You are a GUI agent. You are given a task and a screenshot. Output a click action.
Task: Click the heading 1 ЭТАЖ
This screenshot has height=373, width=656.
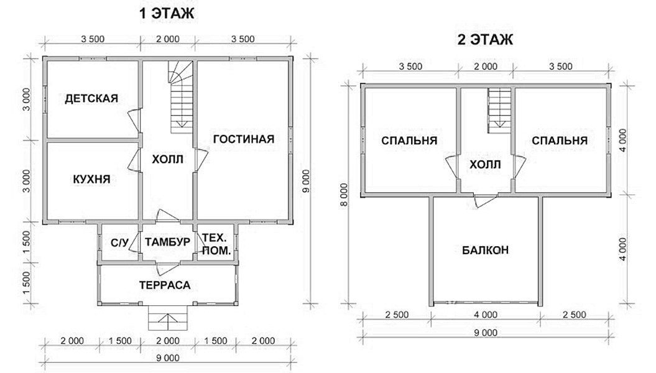167,14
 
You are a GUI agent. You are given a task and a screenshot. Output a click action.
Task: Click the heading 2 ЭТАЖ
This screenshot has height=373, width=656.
485,40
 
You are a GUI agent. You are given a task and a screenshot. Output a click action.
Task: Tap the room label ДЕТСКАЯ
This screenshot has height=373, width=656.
91,99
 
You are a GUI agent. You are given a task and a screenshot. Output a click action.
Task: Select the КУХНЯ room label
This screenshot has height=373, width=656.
91,180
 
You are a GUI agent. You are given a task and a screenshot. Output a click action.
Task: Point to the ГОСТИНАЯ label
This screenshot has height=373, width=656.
244,139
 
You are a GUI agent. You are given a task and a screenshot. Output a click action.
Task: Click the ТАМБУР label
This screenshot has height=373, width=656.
168,242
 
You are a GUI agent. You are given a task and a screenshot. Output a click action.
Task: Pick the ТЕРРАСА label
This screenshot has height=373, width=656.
165,285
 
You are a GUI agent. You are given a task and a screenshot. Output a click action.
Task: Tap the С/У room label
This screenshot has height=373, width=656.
119,242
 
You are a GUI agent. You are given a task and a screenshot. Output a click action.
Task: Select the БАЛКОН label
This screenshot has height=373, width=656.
485,250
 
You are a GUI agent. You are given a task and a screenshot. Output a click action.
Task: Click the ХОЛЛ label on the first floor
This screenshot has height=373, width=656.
167,159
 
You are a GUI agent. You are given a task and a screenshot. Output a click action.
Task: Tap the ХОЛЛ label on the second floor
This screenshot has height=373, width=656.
485,165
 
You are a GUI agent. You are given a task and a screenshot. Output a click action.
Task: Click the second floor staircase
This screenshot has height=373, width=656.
499,111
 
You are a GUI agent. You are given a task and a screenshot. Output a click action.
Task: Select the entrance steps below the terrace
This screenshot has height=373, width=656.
168,318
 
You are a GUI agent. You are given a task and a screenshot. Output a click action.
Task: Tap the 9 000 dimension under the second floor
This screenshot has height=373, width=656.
486,333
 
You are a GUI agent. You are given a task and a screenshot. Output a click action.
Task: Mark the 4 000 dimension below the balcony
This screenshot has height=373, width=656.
486,315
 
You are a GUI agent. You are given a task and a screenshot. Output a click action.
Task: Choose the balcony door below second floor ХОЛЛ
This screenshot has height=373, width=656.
485,201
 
